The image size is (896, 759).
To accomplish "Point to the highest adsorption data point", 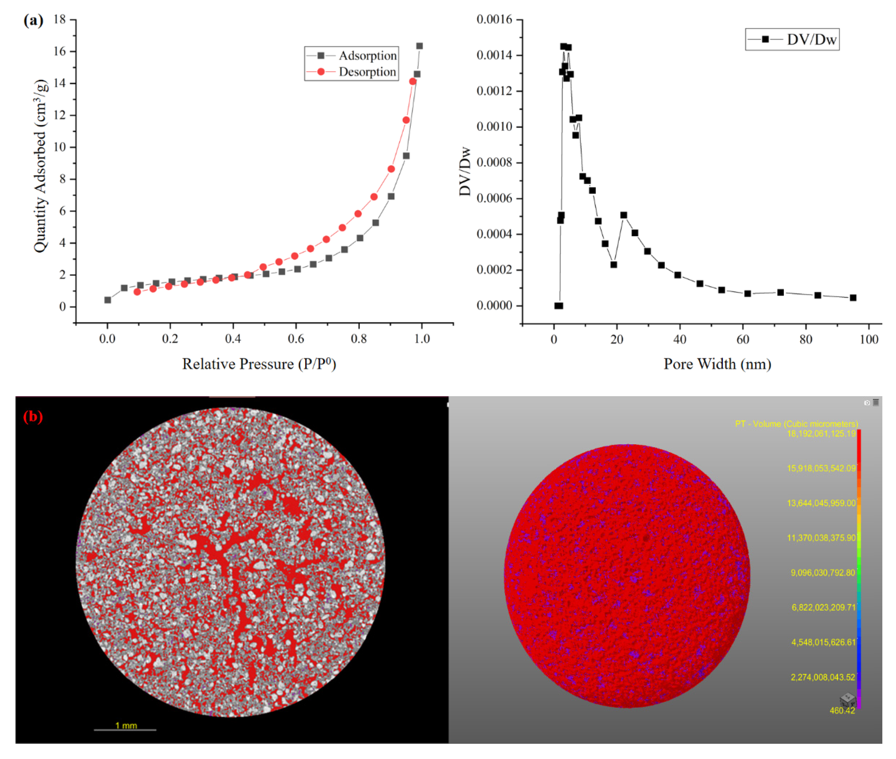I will pyautogui.click(x=419, y=46).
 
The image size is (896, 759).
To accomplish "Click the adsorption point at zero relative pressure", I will pyautogui.click(x=108, y=300).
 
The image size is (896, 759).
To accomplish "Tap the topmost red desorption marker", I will pyautogui.click(x=413, y=81).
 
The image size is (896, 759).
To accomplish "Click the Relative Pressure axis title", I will pyautogui.click(x=259, y=364).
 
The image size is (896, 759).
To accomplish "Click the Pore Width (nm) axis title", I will pyautogui.click(x=717, y=364).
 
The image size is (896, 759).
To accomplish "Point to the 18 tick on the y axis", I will pyautogui.click(x=60, y=19).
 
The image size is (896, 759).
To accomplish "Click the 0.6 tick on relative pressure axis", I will pyautogui.click(x=296, y=339).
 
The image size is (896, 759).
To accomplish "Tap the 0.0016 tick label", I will pyautogui.click(x=494, y=19).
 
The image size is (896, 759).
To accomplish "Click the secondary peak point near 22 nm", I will pyautogui.click(x=624, y=215).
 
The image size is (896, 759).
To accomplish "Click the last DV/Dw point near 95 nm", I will pyautogui.click(x=853, y=298).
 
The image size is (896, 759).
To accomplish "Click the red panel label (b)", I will pyautogui.click(x=33, y=416).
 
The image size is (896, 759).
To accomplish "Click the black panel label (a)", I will pyautogui.click(x=33, y=20).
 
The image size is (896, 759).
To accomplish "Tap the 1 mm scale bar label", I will pyautogui.click(x=126, y=725).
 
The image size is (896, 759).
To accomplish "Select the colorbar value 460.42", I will pyautogui.click(x=842, y=711).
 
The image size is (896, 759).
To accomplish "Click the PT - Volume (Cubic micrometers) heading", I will pyautogui.click(x=796, y=424).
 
